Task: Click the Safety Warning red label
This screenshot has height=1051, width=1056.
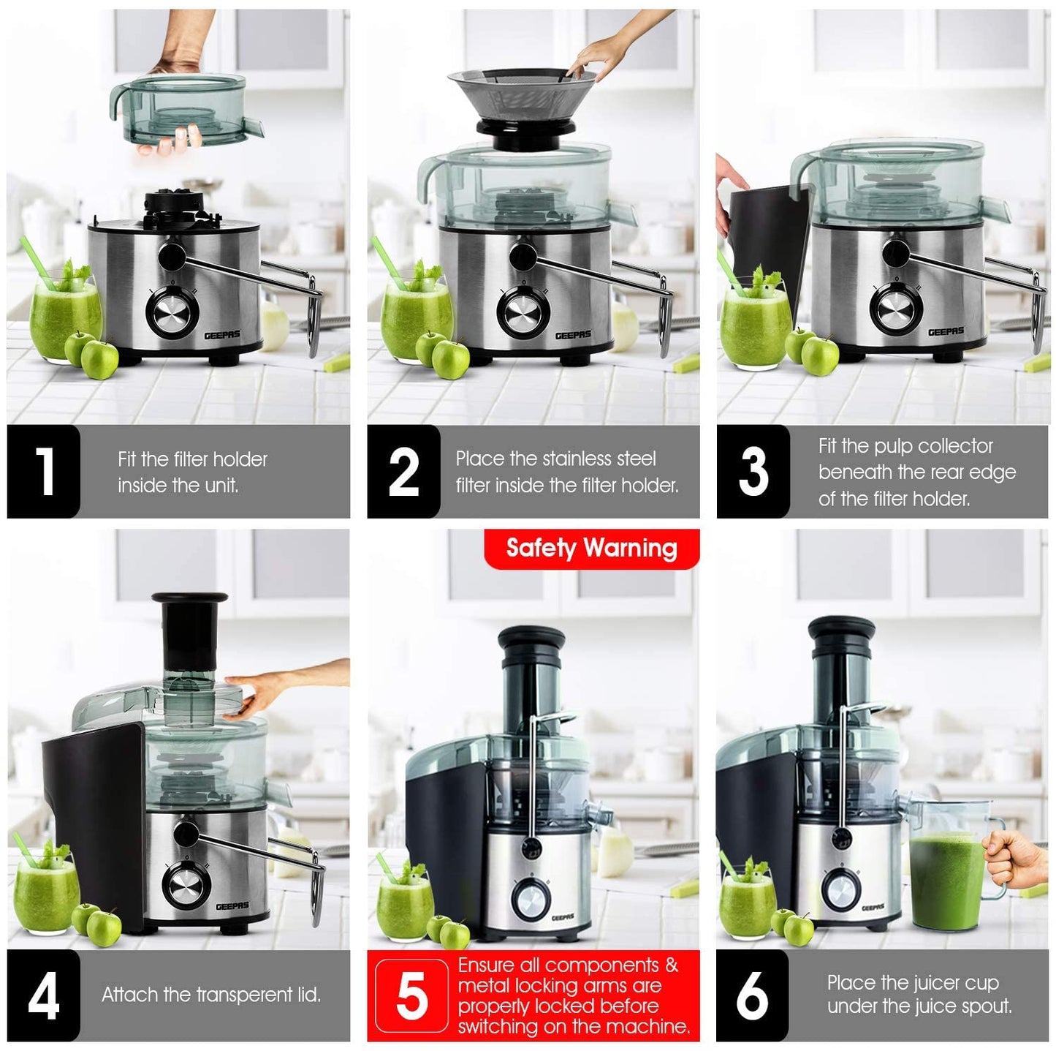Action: point(591,549)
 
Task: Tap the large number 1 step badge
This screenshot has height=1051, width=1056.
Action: point(44,472)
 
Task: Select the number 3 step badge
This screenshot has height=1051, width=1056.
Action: point(753,472)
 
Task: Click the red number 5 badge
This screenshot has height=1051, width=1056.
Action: point(411,995)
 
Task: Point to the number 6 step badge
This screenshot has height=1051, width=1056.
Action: point(752,995)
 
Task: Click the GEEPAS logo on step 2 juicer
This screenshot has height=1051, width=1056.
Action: point(573,335)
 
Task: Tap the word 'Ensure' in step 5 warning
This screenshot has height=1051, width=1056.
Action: point(486,965)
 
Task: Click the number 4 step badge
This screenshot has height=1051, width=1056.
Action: point(44,995)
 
